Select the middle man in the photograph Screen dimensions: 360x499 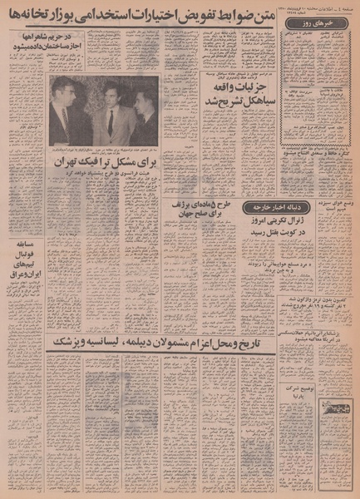(x=109, y=112)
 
